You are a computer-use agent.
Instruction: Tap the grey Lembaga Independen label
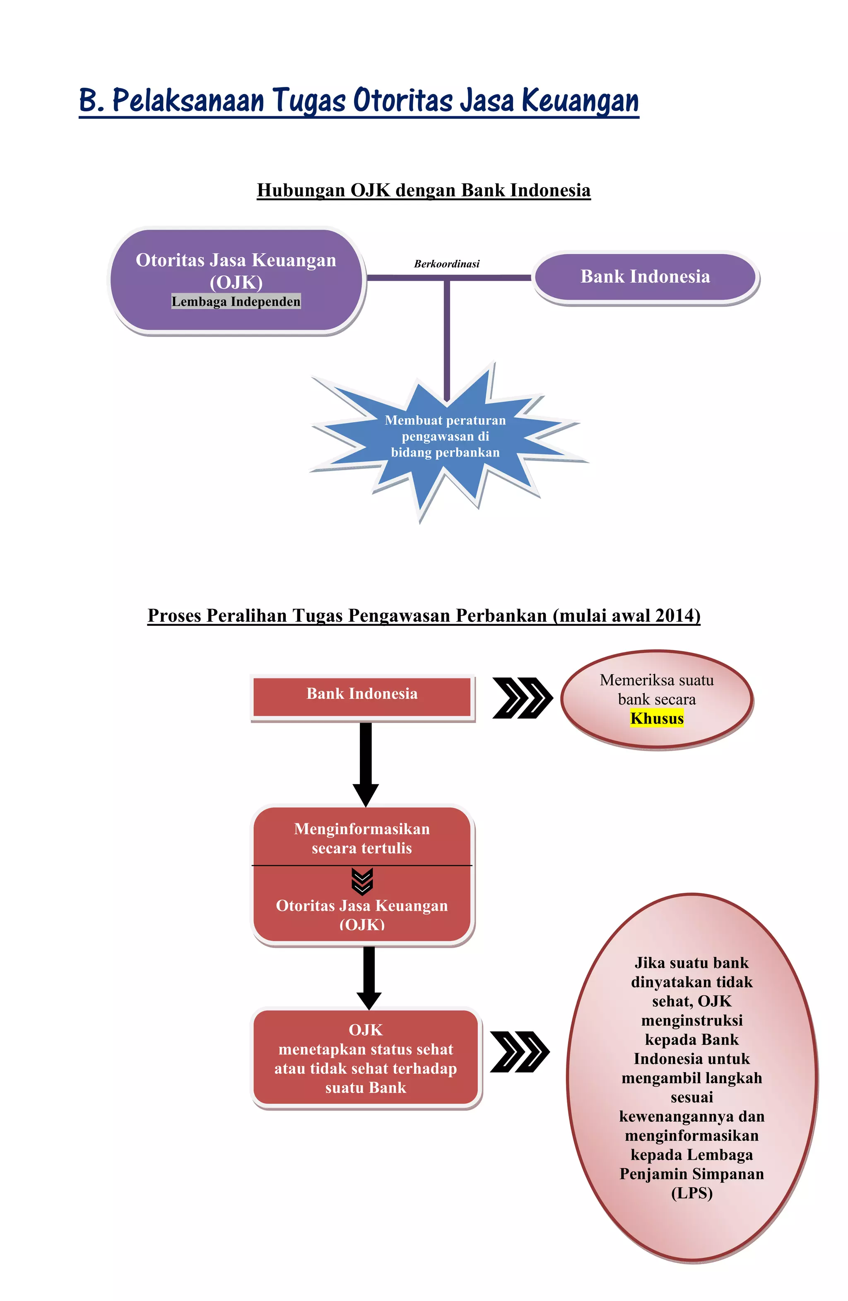236,302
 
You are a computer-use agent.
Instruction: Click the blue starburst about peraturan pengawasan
445,437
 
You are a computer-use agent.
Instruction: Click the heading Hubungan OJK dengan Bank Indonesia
424,190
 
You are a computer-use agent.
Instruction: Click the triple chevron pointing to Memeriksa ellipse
522,697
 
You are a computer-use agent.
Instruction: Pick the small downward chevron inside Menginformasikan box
362,881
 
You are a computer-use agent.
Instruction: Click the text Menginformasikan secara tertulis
362,838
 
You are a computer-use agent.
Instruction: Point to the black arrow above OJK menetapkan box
369,977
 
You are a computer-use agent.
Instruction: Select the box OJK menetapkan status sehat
366,1059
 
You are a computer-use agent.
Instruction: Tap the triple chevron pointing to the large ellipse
519,1052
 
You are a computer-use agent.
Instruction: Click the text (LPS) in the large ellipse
691,1193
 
